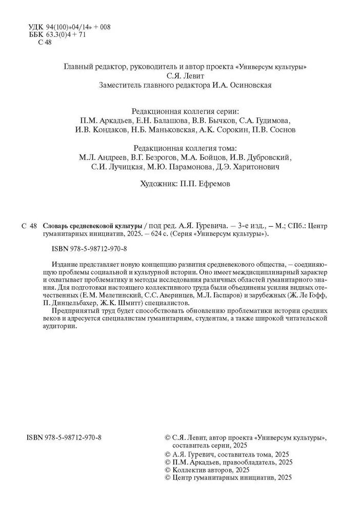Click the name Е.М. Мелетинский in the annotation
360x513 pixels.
[110, 297]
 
